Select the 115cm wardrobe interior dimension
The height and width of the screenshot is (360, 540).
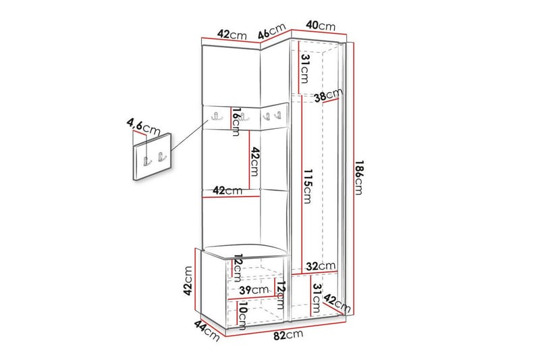(x=307, y=185)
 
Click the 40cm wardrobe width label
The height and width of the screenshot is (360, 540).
(x=320, y=26)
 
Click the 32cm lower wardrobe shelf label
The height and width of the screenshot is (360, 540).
(x=319, y=265)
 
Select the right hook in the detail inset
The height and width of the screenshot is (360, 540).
(x=161, y=158)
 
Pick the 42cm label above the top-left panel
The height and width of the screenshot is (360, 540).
(x=231, y=35)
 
